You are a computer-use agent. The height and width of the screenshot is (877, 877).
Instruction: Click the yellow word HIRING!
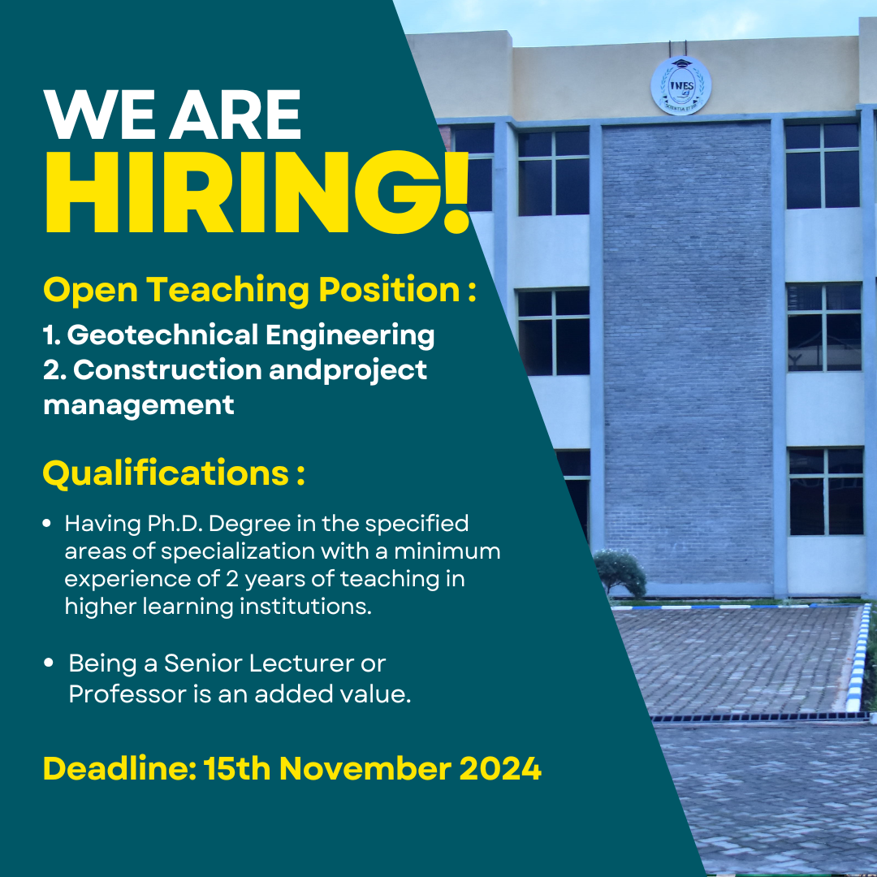click(x=256, y=192)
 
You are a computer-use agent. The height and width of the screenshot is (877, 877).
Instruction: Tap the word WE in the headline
click(x=99, y=114)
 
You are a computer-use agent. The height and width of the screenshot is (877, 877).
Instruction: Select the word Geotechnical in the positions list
click(x=162, y=335)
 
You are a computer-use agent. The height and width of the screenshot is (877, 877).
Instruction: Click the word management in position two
click(x=139, y=405)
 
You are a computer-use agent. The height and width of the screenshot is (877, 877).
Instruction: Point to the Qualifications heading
click(x=174, y=473)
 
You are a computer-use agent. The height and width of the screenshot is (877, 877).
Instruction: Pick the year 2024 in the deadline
click(x=500, y=768)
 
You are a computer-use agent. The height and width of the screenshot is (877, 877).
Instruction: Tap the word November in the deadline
click(x=365, y=768)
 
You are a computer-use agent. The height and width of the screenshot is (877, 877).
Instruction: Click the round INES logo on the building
click(x=680, y=85)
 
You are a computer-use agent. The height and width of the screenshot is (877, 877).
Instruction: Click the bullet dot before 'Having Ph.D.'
click(x=47, y=524)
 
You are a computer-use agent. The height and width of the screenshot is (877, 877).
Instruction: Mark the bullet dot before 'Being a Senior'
click(x=49, y=663)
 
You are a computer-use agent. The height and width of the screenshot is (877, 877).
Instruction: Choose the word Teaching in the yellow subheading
click(x=227, y=291)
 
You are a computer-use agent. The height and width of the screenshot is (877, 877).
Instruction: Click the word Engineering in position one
click(x=349, y=335)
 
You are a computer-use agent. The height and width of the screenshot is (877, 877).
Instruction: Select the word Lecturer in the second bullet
click(x=301, y=663)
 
